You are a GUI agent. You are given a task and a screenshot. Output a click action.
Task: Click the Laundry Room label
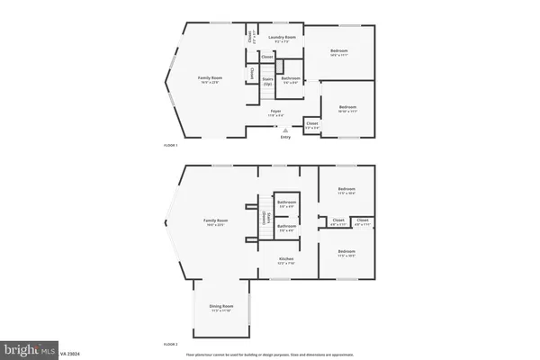[x=281, y=39]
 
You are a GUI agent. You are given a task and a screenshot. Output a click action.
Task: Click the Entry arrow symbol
[x=285, y=130]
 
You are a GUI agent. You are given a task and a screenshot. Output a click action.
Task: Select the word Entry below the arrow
[x=285, y=138]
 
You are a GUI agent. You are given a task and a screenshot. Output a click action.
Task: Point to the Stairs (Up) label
[x=267, y=80]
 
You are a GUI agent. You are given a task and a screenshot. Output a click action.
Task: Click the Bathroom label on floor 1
[x=290, y=78]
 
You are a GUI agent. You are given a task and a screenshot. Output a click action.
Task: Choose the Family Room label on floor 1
[x=210, y=78]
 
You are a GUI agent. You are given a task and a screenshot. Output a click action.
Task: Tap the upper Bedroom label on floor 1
[x=338, y=50]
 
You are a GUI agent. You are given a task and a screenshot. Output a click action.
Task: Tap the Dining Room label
[x=221, y=307]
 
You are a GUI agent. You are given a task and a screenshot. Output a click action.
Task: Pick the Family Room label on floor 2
[x=216, y=220]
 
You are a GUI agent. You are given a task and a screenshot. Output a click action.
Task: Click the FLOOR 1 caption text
[x=170, y=145]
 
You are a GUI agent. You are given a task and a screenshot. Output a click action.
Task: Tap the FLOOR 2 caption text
[x=170, y=345]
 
